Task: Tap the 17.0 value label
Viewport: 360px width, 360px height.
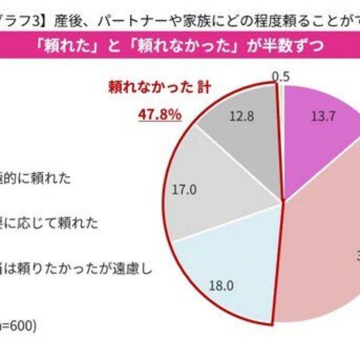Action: pos(184,190)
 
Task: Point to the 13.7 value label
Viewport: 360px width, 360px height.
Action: pos(323,116)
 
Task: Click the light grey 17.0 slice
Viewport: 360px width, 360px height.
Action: pos(214,186)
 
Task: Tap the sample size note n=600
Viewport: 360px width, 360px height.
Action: pos(18,325)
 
